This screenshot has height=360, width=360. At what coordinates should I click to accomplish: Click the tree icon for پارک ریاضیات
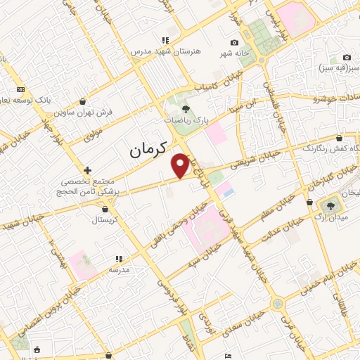186,109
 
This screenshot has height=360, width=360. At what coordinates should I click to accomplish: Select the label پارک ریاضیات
188,121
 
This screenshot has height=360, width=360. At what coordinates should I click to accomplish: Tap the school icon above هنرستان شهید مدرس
165,41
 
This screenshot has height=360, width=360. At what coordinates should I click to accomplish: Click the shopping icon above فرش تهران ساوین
83,101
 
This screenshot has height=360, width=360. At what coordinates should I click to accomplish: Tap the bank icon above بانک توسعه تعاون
20,90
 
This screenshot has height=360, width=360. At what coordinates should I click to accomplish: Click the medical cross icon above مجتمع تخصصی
87,170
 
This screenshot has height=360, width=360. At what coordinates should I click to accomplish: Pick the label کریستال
105,220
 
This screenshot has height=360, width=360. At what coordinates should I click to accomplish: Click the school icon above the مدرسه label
118,259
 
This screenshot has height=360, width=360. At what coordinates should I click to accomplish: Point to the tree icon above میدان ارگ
330,205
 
